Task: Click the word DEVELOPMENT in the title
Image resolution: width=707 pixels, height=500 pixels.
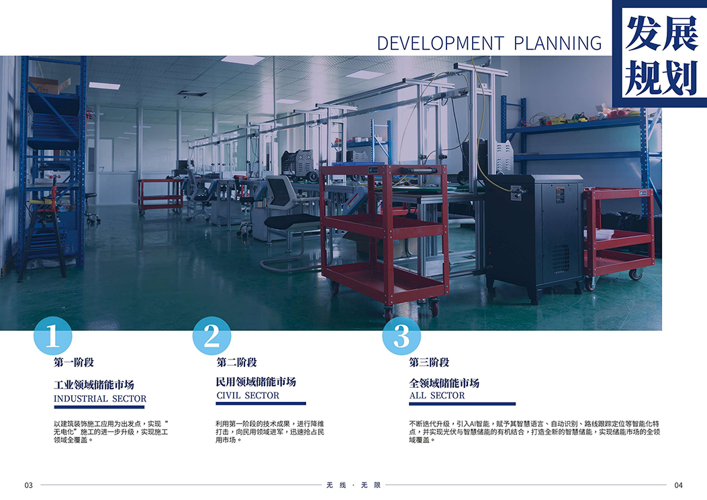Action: (440, 43)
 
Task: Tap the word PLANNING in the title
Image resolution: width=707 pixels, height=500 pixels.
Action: (558, 43)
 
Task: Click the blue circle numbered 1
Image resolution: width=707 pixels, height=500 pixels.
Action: (53, 336)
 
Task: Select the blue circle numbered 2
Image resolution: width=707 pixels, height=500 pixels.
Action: (211, 336)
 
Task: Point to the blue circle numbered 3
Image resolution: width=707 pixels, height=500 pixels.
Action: (402, 336)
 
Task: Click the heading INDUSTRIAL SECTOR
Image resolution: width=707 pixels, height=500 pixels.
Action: (100, 399)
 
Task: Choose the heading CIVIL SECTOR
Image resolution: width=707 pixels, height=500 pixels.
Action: (248, 395)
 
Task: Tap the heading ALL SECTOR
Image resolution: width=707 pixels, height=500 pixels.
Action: (437, 395)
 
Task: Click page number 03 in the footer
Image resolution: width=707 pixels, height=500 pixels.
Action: (28, 485)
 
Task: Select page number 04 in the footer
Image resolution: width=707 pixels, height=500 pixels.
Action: (678, 485)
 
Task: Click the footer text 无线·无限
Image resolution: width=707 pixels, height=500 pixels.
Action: (353, 485)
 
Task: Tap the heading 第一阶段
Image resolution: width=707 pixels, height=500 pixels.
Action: (73, 362)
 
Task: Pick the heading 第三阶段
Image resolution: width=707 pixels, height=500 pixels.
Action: (429, 362)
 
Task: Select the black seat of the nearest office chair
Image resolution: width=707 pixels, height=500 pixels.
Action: (292, 221)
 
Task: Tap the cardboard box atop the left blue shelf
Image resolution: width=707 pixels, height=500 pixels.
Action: (49, 85)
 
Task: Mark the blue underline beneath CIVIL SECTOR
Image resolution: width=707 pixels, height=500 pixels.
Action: (261, 403)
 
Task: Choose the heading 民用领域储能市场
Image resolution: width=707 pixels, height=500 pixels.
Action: (256, 382)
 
